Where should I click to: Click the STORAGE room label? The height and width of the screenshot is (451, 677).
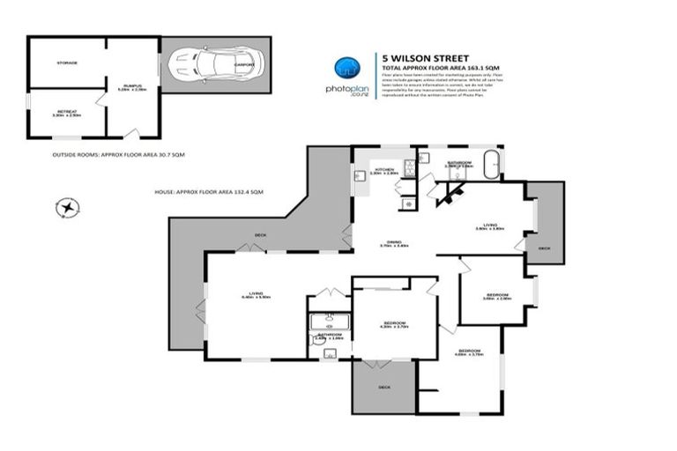click(67, 63)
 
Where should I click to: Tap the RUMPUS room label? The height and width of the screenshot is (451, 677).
click(133, 86)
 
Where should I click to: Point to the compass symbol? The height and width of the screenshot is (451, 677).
click(67, 208)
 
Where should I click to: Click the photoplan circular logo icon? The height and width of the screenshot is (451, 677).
click(346, 69)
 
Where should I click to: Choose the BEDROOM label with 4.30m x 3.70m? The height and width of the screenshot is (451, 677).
click(392, 322)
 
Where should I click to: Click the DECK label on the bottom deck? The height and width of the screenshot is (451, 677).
click(384, 386)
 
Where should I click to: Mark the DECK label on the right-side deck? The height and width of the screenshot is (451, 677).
click(544, 248)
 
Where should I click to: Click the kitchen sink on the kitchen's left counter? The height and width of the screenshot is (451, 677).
click(361, 176)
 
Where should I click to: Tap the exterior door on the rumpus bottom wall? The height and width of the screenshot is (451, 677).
click(131, 134)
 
